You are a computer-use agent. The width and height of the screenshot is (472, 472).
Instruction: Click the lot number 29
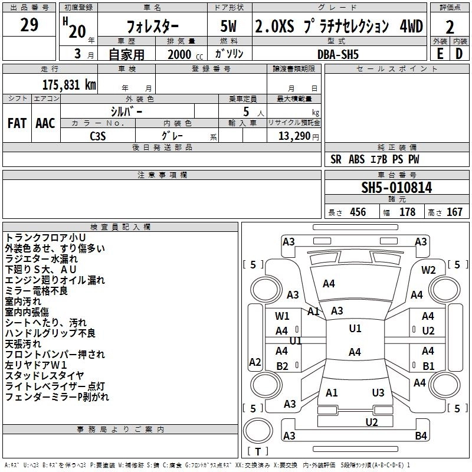pos(29,25)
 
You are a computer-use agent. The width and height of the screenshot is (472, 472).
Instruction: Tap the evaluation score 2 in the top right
pos(450,27)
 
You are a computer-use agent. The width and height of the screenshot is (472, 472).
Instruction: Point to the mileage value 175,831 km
pos(69,84)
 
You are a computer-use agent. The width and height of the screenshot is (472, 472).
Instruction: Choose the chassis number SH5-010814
pos(396,188)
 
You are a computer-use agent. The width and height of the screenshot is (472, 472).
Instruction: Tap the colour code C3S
pos(99,135)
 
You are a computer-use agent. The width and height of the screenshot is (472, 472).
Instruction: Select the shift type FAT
pos(17,123)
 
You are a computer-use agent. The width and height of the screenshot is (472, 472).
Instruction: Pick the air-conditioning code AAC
pos(45,123)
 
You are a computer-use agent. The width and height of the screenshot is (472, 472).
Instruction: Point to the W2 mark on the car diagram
pos(428,270)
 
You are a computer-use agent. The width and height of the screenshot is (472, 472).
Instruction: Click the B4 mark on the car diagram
pos(421,436)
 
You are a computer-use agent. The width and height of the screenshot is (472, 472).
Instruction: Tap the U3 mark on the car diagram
pos(378,393)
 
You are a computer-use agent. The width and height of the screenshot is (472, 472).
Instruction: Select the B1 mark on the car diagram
pos(428,366)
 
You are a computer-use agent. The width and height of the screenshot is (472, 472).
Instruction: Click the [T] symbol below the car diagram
pos(258,452)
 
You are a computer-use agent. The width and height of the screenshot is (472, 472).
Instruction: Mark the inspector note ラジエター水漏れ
pos(41,258)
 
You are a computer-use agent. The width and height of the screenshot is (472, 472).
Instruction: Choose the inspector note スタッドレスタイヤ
pos(45,375)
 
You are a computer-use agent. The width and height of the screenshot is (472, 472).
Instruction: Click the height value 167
pos(454,212)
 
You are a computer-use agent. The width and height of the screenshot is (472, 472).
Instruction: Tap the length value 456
pos(358,212)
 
